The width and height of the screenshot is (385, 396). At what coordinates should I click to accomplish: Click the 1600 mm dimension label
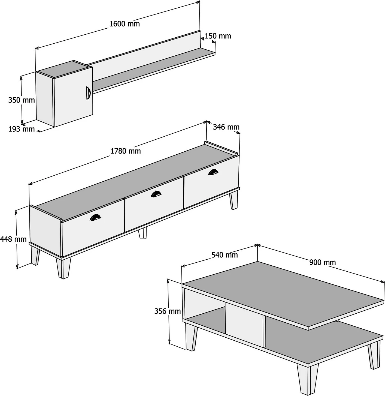click(125, 24)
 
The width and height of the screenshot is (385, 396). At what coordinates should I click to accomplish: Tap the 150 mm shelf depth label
click(218, 36)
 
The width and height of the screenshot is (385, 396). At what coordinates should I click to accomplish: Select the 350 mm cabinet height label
click(22, 100)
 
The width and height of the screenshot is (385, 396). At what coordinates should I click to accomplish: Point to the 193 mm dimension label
click(22, 129)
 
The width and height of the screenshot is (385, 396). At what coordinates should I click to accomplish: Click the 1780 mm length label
click(126, 151)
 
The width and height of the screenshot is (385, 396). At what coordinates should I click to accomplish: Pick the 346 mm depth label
click(226, 127)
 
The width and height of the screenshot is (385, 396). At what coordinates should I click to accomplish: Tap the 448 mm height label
click(13, 239)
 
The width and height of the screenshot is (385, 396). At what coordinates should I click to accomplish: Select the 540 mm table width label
click(225, 255)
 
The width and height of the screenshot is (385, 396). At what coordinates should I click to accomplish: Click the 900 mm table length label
click(322, 262)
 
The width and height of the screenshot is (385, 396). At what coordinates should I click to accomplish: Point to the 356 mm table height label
click(168, 311)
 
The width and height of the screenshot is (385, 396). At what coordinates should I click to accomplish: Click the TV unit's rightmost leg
click(234, 200)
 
